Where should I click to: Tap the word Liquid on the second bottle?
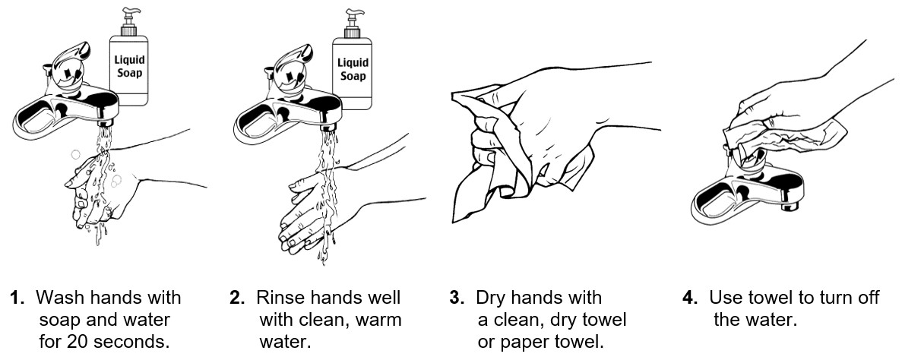(353, 62)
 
